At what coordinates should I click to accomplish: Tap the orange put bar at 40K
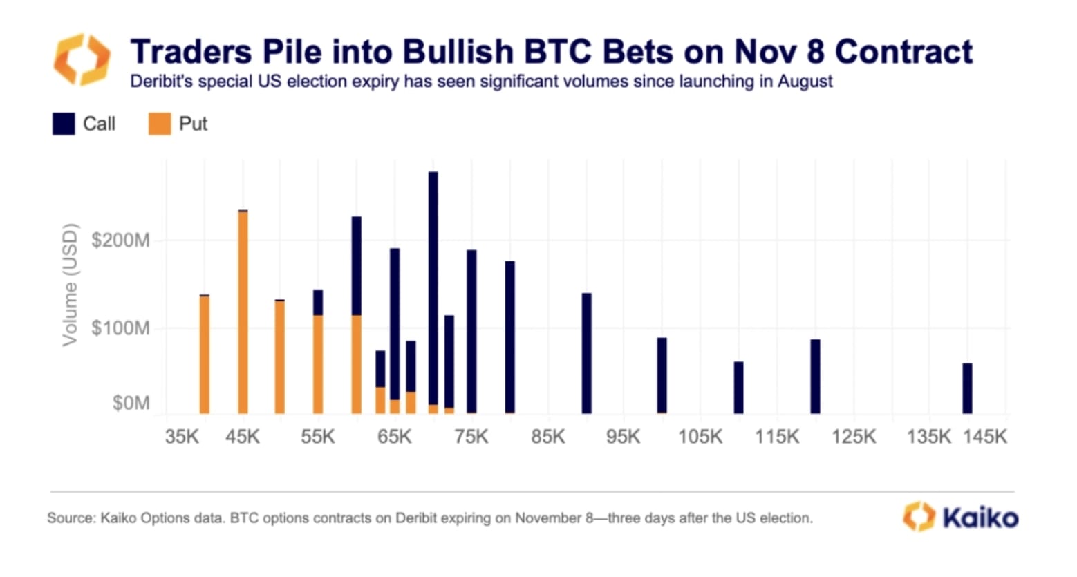205,354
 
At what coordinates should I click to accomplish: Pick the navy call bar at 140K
967,388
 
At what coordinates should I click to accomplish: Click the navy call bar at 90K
586,353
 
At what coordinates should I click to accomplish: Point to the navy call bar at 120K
815,376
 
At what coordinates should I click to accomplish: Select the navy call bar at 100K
662,375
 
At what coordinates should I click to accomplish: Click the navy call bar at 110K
738,387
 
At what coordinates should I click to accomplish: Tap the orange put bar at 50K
279,357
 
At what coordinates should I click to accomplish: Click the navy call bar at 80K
509,337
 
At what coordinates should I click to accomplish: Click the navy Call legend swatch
64,124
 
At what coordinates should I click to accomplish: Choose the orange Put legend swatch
160,124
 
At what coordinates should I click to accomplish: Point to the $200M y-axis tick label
120,240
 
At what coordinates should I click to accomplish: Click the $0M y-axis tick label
131,403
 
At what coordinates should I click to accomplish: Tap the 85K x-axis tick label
547,437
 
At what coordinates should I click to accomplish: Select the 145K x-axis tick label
985,437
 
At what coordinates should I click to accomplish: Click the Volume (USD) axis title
70,284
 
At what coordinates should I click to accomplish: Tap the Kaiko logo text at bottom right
980,518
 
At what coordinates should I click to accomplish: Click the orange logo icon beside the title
82,59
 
